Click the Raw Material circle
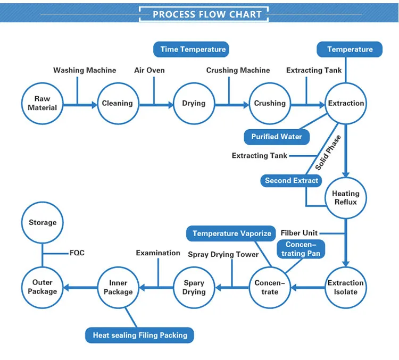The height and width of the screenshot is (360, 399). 42,103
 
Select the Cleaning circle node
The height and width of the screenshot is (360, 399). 118,103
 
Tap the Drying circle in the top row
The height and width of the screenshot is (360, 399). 194,103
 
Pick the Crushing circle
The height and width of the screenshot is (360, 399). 270,103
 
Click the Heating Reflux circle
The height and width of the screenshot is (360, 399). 346,198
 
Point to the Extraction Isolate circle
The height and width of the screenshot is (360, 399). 346,288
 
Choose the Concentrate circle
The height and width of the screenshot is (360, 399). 270,288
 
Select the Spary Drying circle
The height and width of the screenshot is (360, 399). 194,288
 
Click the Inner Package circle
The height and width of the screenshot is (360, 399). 118,288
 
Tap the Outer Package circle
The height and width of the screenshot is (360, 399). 42,288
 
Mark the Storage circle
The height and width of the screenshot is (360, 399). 42,223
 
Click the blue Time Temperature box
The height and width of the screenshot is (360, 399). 193,49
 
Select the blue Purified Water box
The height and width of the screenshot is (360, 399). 276,137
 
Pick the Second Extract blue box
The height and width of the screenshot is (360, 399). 291,180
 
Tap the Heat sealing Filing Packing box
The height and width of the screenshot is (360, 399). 140,335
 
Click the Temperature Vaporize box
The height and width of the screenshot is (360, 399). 231,233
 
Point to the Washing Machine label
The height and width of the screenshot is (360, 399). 85,70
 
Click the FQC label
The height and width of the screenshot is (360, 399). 77,253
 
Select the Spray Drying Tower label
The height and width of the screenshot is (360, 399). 223,255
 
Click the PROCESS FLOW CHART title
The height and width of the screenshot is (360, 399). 207,14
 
